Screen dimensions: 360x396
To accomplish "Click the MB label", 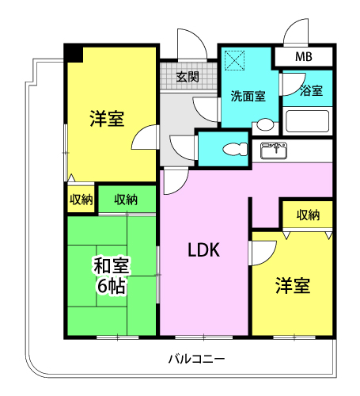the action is point(304,57).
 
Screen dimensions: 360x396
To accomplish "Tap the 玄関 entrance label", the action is point(188,77).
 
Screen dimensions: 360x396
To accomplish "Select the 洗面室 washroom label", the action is point(248,96).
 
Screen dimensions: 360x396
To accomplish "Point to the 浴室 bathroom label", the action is point(311,90).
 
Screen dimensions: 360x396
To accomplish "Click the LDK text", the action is point(203,250).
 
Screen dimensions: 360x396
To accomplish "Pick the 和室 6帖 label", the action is point(112,276).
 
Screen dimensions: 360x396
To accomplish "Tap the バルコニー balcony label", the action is point(196,359).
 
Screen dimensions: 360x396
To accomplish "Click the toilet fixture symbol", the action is point(235,149).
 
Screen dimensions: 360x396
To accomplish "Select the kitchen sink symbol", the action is point(274,150).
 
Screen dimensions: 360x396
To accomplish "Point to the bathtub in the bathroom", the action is point(308,121).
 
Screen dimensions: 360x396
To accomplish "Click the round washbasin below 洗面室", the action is point(265,124).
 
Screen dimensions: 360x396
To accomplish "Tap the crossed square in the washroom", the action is point(234,60).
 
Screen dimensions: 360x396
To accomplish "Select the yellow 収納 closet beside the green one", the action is point(81,200).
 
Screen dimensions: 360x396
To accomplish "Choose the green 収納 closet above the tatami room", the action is point(127,199).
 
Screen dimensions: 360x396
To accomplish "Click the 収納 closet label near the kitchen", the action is point(308,215).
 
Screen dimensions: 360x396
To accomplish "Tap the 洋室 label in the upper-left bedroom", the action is point(107,119).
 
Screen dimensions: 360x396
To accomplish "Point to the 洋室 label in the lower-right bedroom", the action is point(293,285).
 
